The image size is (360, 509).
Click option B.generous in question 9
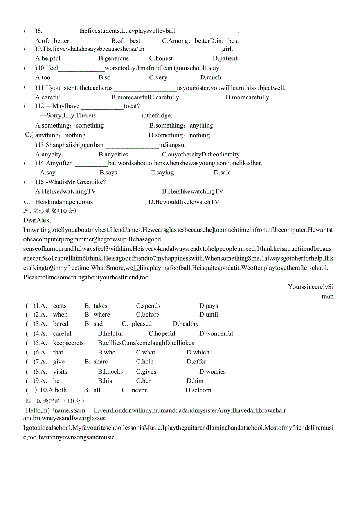pyautogui.click(x=113, y=58)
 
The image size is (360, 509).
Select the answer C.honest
pyautogui.click(x=161, y=58)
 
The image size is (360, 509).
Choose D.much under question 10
pyautogui.click(x=211, y=77)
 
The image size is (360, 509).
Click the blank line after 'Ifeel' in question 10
pyautogui.click(x=81, y=68)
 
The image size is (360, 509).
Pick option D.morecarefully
pyautogui.click(x=247, y=97)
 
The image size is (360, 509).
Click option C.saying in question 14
pyautogui.click(x=162, y=173)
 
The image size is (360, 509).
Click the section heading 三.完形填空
pyautogui.click(x=50, y=211)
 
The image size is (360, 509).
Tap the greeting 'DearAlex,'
pyautogui.click(x=37, y=220)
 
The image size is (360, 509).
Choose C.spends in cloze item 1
pyautogui.click(x=148, y=306)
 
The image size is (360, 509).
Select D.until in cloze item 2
pyautogui.click(x=209, y=315)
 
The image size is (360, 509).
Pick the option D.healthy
pyautogui.click(x=186, y=324)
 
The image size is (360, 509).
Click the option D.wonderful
pyautogui.click(x=216, y=334)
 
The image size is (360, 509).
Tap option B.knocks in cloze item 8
pyautogui.click(x=110, y=372)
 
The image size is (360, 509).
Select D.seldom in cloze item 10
pyautogui.click(x=198, y=390)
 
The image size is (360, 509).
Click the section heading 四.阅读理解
pyautogui.click(x=55, y=401)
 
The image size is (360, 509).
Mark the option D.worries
pyautogui.click(x=212, y=372)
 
